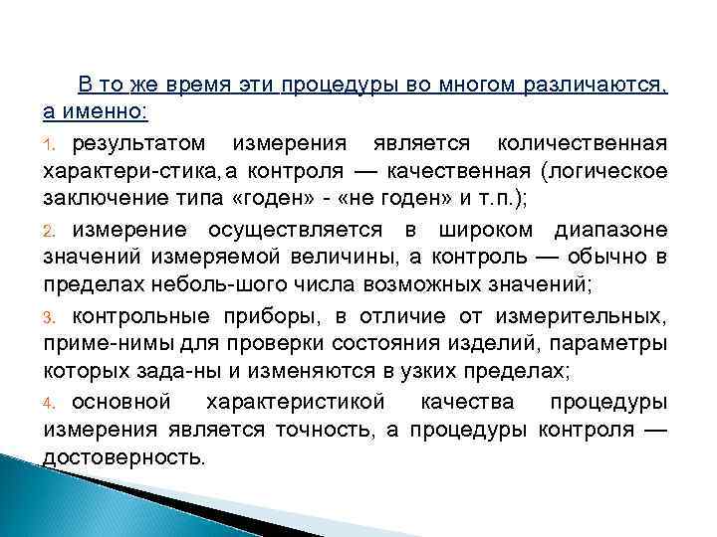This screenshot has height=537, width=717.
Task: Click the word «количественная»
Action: coord(597,144)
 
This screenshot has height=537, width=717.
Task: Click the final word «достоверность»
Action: coord(123,456)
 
